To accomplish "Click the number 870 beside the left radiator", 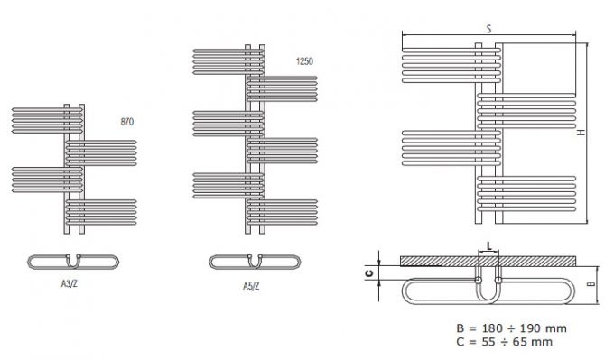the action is pyautogui.click(x=127, y=122).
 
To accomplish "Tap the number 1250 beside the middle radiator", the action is pyautogui.click(x=304, y=61).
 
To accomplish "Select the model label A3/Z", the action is pyautogui.click(x=70, y=283).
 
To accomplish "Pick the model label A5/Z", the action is pyautogui.click(x=251, y=286).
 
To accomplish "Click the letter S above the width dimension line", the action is pyautogui.click(x=488, y=29).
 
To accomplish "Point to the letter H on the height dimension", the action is pyautogui.click(x=581, y=133).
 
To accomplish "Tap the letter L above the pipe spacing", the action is pyautogui.click(x=489, y=246).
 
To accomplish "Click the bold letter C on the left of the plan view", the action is pyautogui.click(x=369, y=273).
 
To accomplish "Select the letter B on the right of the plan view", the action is pyautogui.click(x=591, y=283).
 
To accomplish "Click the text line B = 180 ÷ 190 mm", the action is pyautogui.click(x=511, y=328).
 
